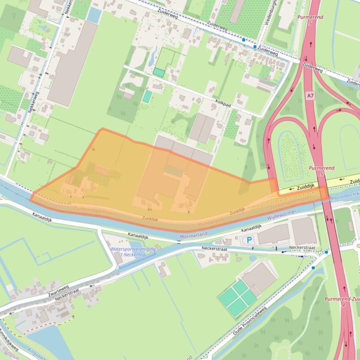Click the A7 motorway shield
click(310, 95)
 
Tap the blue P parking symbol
click(249, 240)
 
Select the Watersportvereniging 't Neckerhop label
click(132, 252)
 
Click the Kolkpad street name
click(223, 99)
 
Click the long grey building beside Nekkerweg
click(72, 63)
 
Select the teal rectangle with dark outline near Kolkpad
click(159, 72)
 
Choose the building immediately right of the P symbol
click(273, 234)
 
